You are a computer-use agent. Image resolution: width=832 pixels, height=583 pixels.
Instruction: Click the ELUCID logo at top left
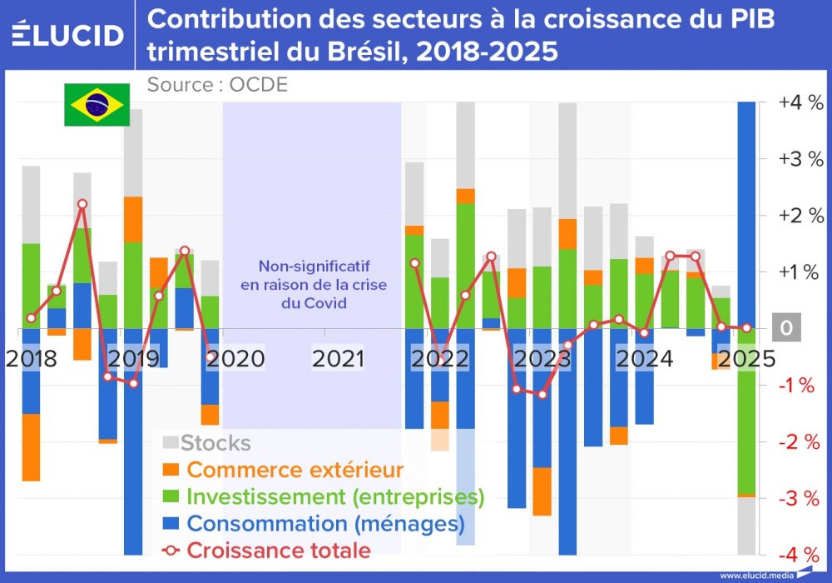[68, 34]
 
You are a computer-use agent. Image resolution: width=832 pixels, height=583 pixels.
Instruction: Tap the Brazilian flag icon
[97, 105]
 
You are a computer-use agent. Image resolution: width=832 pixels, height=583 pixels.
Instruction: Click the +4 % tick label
[800, 103]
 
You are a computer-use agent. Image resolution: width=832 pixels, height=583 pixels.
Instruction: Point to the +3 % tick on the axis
[800, 160]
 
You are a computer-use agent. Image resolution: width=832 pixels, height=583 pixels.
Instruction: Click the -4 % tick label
[800, 555]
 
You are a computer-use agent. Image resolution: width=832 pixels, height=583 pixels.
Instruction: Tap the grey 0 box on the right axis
[786, 329]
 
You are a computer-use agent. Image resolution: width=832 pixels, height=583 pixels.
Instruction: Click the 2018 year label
[31, 359]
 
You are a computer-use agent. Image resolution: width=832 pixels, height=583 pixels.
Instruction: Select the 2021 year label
[339, 359]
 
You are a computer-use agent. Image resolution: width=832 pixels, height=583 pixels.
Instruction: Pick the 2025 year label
[747, 359]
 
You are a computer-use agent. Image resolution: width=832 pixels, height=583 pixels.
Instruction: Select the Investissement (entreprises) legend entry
[324, 496]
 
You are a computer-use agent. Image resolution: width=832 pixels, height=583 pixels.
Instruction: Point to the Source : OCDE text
[217, 84]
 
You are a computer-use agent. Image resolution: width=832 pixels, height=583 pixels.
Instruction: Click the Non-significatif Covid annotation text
[313, 285]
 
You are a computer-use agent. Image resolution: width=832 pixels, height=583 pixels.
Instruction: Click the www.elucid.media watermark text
[755, 575]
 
